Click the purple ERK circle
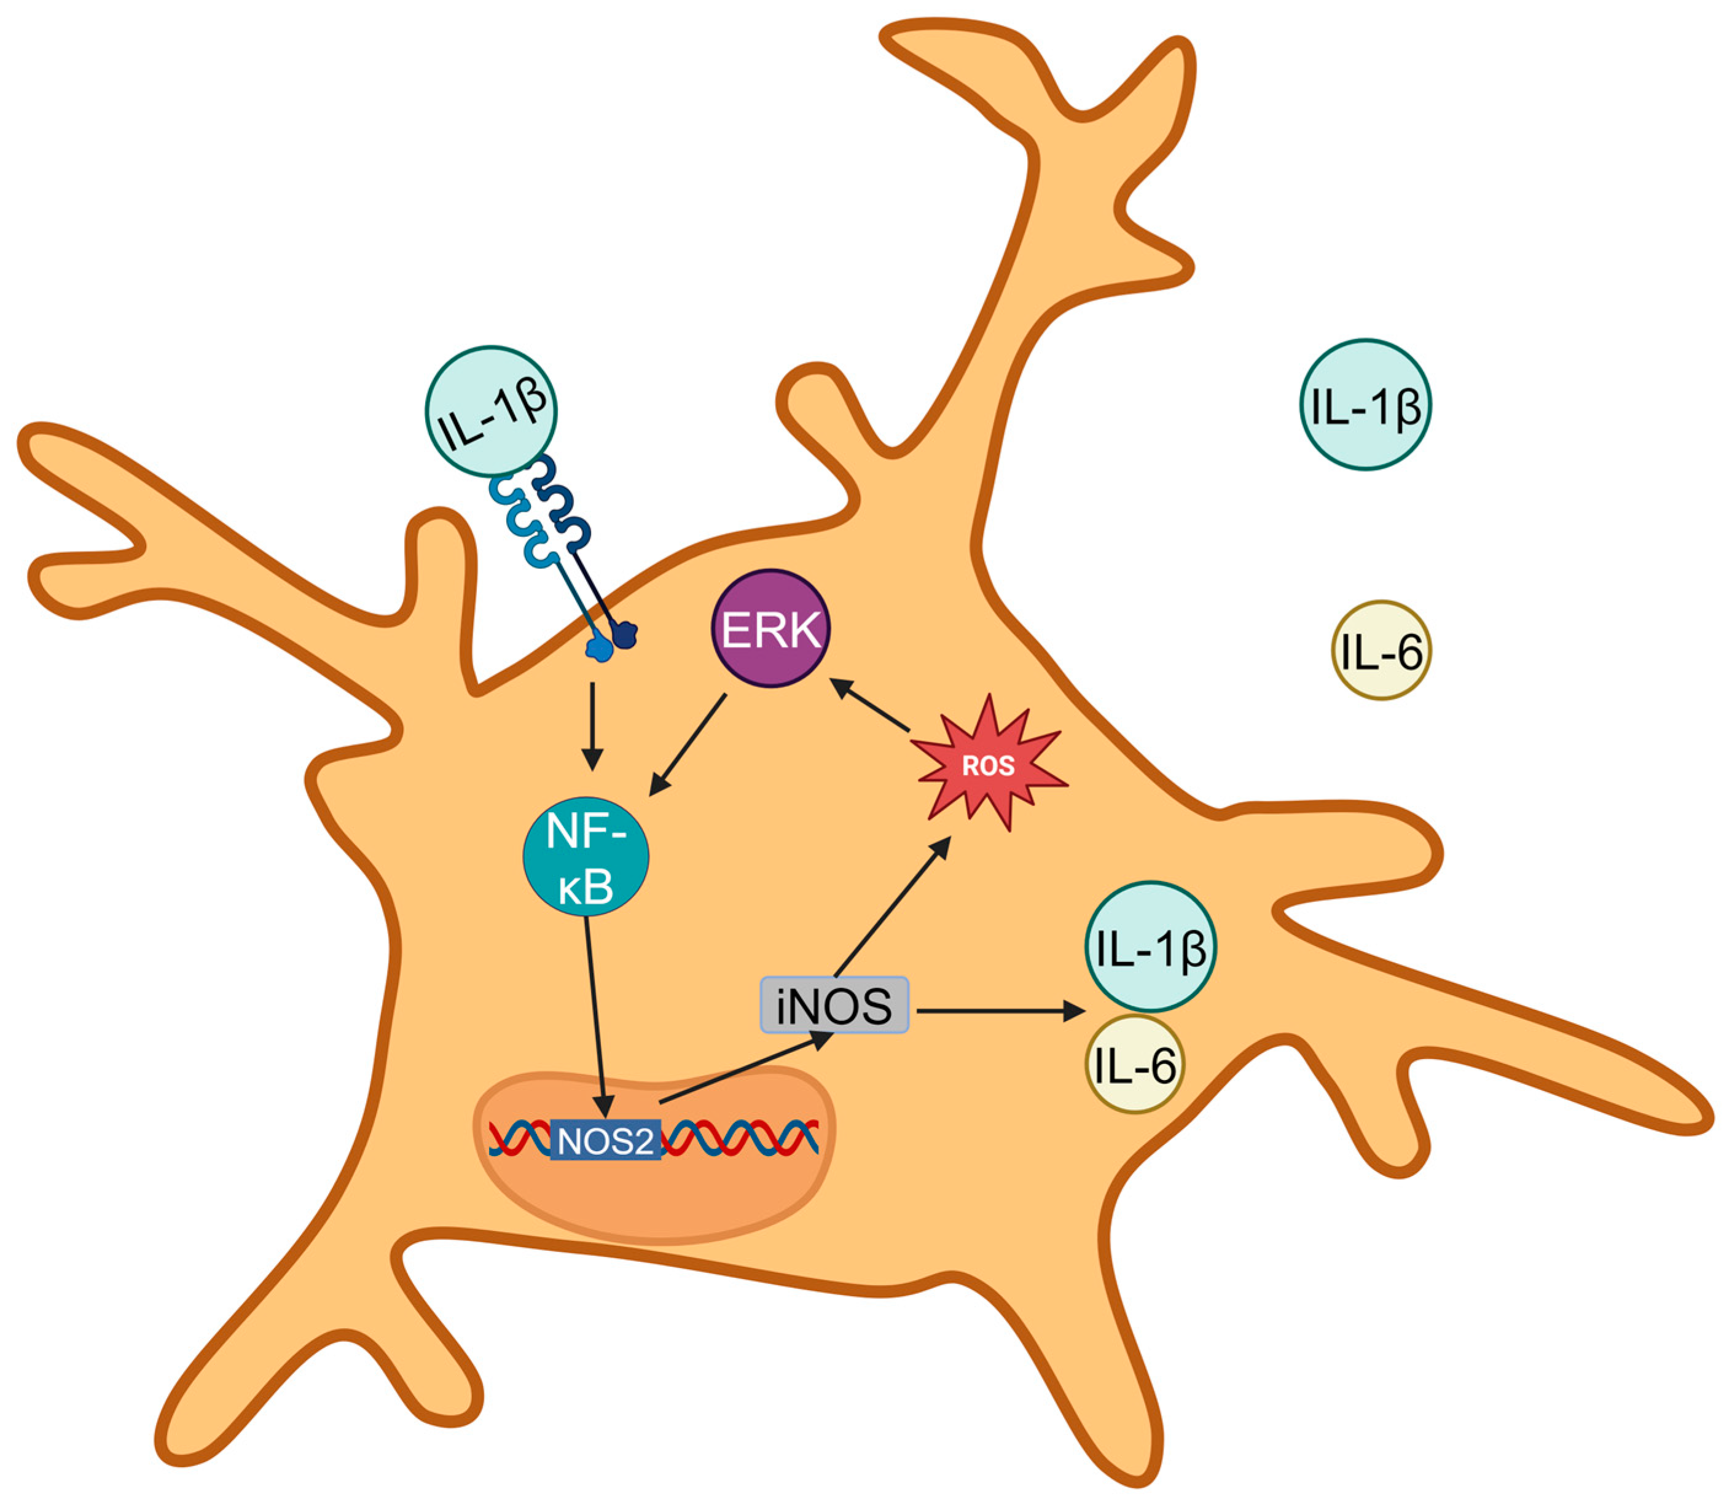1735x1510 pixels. pos(770,628)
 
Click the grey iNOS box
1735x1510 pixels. pos(834,1005)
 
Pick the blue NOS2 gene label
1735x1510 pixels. pos(605,1141)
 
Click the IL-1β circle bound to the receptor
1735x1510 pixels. pos(492,410)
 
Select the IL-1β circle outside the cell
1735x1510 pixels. pos(1365,404)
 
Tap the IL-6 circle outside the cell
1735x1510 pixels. pos(1381,650)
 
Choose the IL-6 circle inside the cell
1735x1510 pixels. pos(1134,1064)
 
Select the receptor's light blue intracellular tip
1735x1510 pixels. pos(598,648)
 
